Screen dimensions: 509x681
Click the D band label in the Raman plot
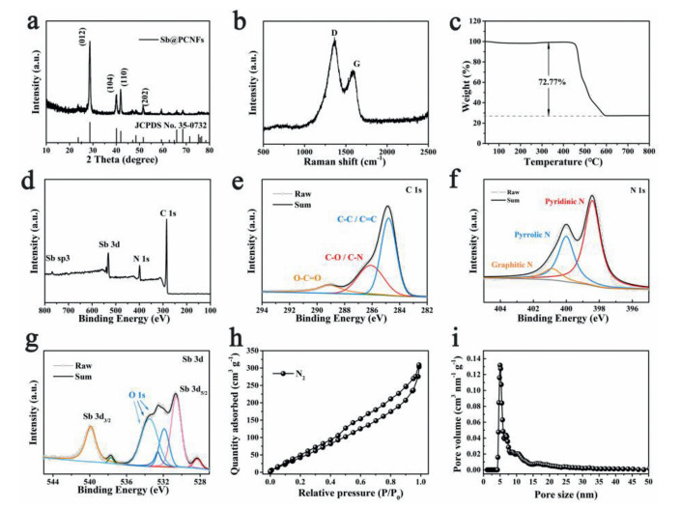[x=334, y=35]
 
